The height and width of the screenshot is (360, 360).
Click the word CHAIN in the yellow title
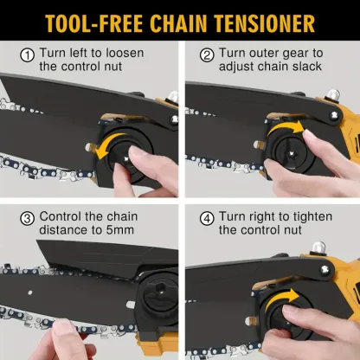178,23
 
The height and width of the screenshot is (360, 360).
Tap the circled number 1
28,55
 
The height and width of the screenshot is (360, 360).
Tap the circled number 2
207,55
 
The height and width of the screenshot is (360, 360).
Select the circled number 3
28,218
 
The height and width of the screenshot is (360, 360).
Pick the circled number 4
207,218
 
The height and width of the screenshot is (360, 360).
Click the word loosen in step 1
125,53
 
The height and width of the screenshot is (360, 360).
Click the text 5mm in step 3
120,230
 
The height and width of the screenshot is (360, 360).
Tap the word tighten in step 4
313,217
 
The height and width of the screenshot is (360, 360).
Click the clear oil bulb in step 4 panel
318,247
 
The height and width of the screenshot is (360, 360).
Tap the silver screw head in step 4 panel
325,269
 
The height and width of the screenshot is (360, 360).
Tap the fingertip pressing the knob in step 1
136,152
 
